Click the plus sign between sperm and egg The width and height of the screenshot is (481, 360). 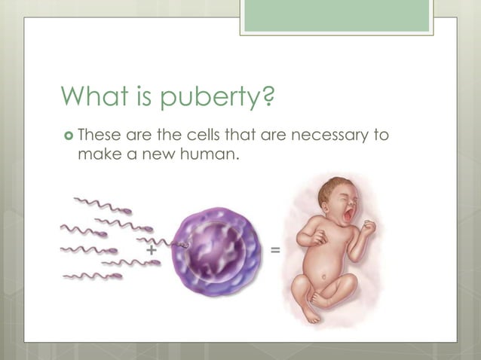coord(152,248)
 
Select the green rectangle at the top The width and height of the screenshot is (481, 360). coord(336,16)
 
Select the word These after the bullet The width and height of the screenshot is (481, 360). coord(100,136)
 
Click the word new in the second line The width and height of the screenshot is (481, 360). coord(165,154)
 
